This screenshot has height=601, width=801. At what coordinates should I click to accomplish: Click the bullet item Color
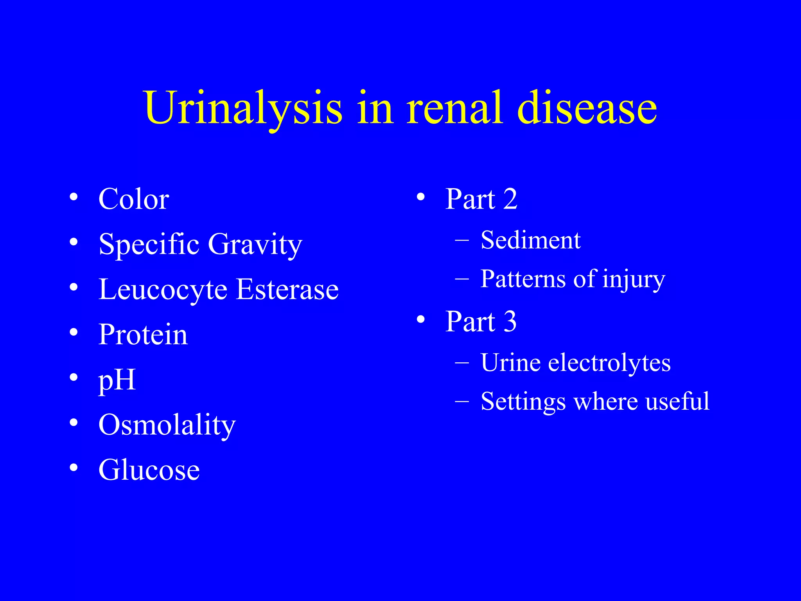(x=134, y=199)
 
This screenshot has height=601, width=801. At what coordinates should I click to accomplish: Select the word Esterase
(x=287, y=290)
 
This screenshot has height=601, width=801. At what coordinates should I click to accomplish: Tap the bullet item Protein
(x=143, y=335)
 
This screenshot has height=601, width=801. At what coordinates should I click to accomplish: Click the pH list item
(x=117, y=380)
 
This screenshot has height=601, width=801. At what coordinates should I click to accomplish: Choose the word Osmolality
(x=167, y=425)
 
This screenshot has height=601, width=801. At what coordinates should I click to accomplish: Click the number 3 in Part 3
(x=510, y=322)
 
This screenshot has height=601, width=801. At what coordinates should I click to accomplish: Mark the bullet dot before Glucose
(x=74, y=467)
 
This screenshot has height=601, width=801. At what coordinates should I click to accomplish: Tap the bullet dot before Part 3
(x=420, y=319)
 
